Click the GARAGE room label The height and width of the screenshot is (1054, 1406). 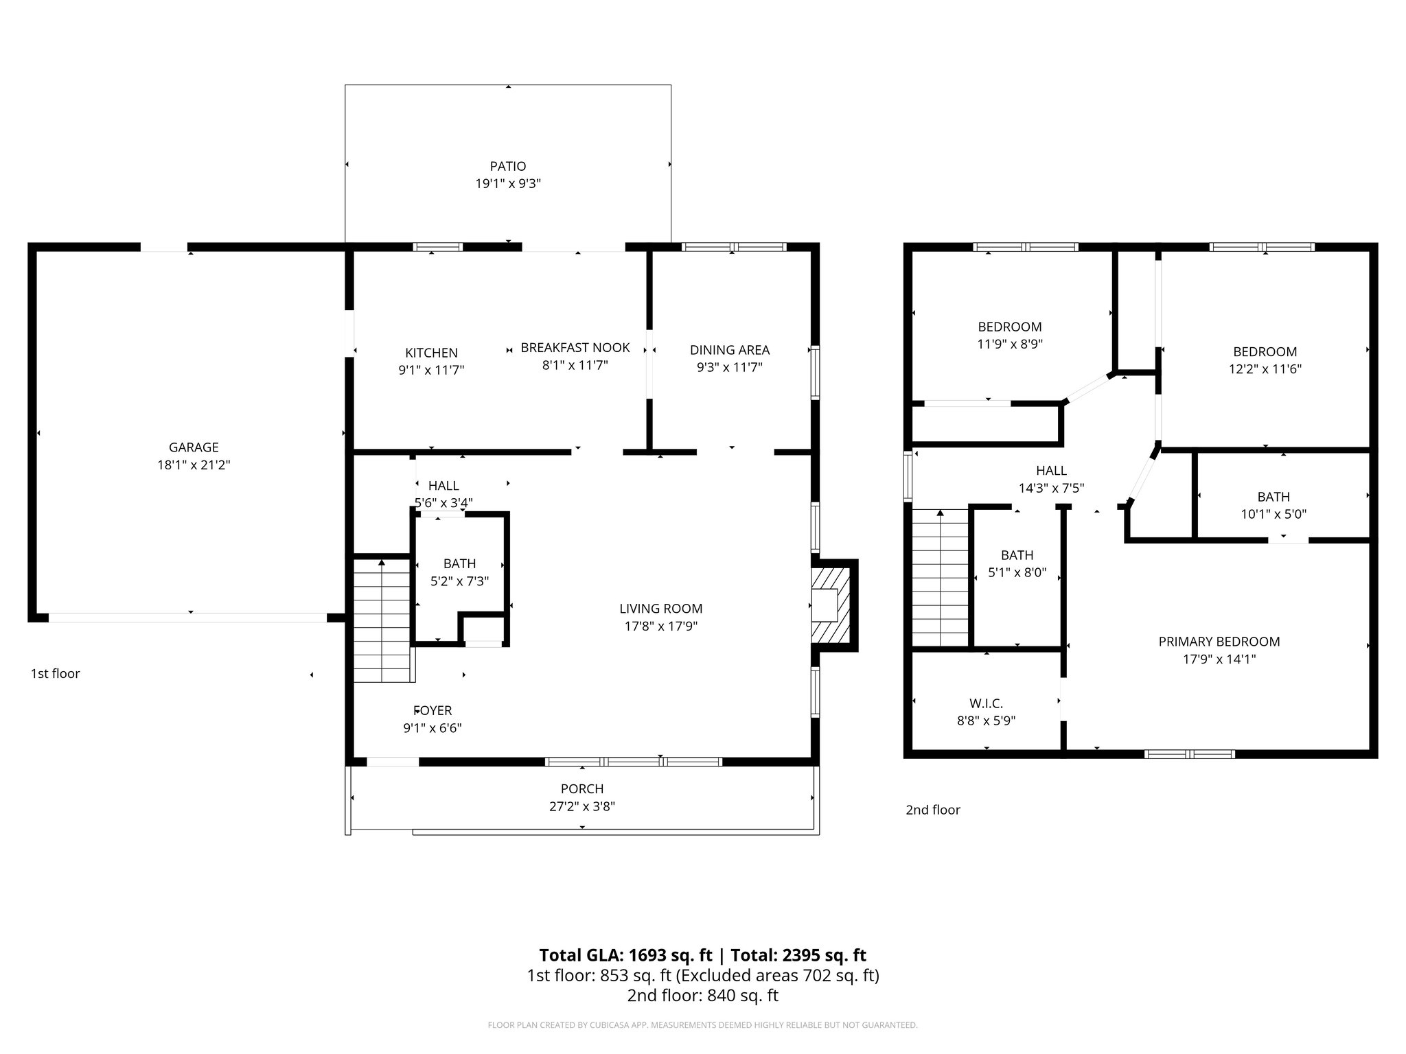(x=194, y=447)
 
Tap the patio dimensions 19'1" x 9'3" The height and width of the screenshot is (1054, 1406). (x=508, y=184)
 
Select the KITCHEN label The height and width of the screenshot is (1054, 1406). (x=431, y=353)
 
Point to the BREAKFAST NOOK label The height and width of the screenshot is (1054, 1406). (x=575, y=348)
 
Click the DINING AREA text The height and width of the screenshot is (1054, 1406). (x=730, y=350)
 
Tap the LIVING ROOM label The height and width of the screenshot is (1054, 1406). (x=660, y=609)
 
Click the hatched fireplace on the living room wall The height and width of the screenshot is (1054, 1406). (x=833, y=605)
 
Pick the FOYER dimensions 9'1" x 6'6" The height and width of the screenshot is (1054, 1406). (x=433, y=728)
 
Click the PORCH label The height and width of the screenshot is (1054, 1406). (x=582, y=789)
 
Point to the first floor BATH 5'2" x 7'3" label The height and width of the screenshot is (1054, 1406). (x=459, y=564)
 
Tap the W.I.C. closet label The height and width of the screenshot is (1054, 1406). (x=986, y=703)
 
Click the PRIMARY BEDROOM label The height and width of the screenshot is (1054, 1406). (x=1219, y=642)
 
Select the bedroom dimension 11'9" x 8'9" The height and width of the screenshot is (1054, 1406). (x=1010, y=344)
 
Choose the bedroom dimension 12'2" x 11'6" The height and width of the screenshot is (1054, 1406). (x=1265, y=369)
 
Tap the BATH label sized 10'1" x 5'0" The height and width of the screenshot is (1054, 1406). (x=1274, y=497)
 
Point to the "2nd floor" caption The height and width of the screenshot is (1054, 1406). (x=932, y=810)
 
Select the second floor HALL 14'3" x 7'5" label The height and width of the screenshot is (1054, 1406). (x=1051, y=471)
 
